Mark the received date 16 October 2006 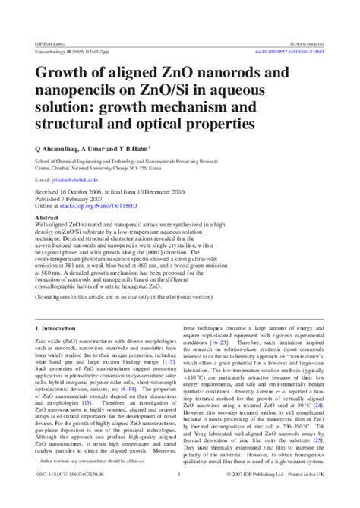coord(86,194)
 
